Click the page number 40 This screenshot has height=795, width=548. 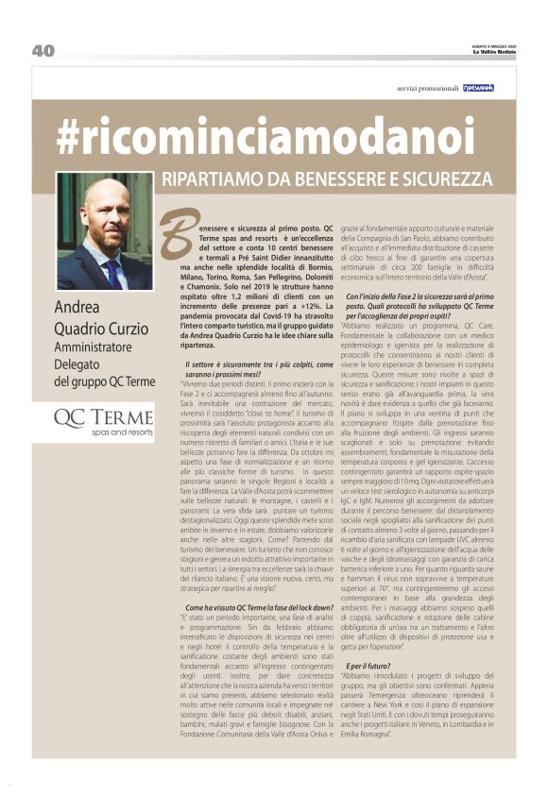(43, 51)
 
